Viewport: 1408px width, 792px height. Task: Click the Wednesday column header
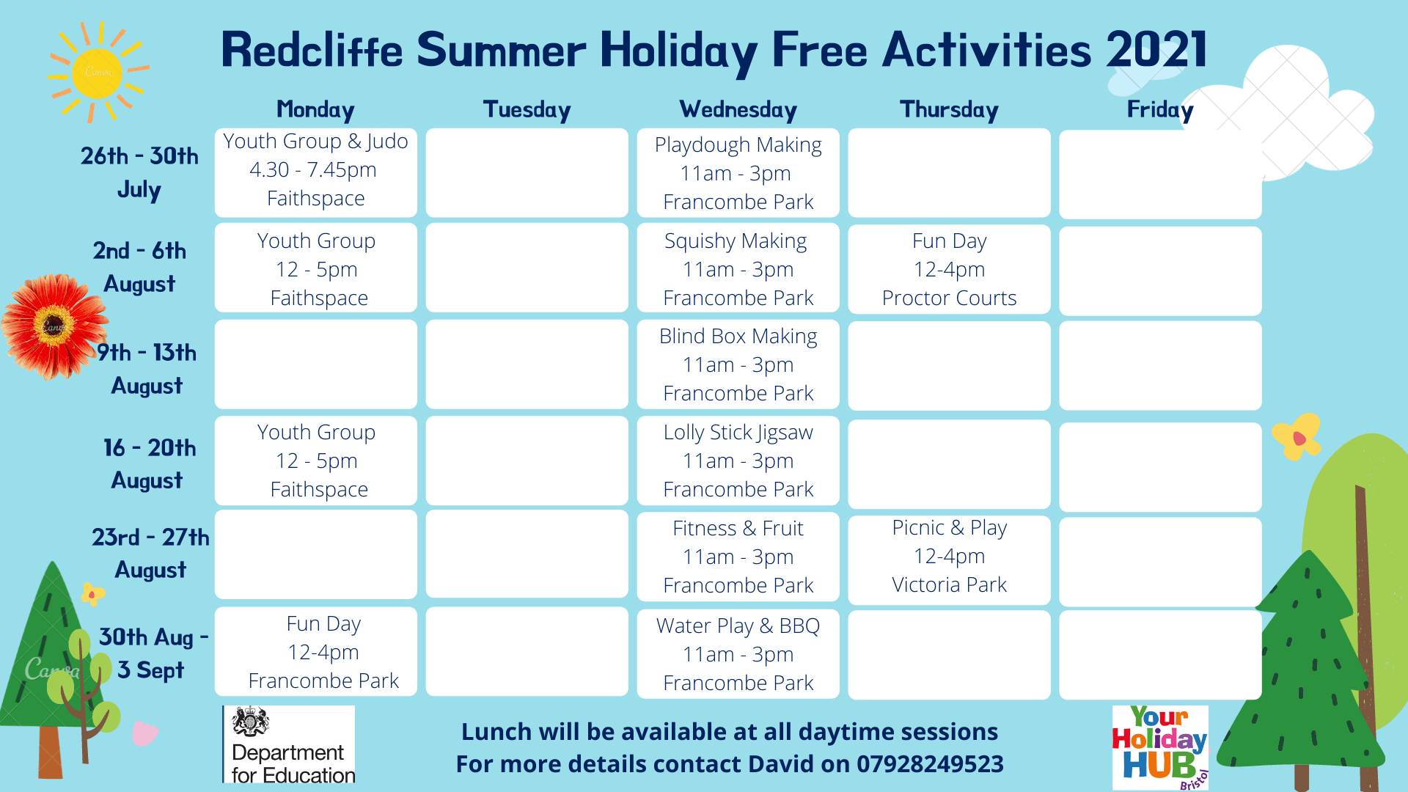click(738, 110)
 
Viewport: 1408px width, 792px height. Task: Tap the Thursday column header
click(949, 110)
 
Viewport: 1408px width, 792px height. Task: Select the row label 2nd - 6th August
click(139, 267)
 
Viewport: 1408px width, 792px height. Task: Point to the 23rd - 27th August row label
click(150, 553)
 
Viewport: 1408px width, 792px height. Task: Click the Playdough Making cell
click(738, 173)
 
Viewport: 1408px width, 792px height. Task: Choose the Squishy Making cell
click(738, 268)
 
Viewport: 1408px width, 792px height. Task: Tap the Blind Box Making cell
click(738, 364)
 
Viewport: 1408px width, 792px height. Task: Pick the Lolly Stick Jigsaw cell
click(738, 461)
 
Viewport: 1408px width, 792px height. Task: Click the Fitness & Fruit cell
click(738, 557)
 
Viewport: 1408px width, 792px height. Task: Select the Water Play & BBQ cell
click(738, 653)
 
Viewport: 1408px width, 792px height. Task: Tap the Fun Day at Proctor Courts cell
click(949, 269)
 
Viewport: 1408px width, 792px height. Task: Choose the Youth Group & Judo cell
click(315, 172)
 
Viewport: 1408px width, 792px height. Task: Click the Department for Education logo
click(289, 744)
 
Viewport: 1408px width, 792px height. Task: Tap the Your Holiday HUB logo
click(1160, 747)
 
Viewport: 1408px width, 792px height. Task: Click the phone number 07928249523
click(930, 764)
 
